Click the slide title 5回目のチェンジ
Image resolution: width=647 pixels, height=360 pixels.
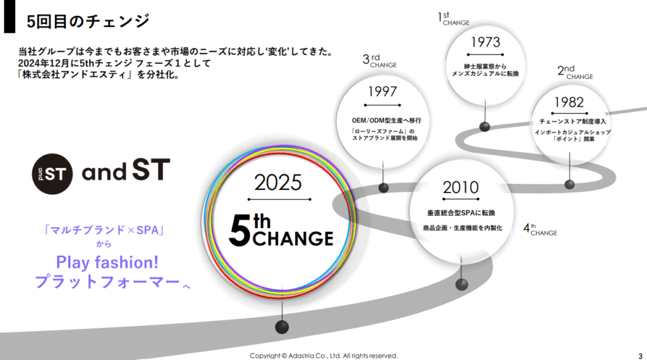click(87, 21)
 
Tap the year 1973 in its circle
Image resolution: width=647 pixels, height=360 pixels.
click(485, 42)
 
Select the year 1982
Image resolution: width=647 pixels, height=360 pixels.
click(569, 102)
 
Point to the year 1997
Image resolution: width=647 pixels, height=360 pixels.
click(382, 92)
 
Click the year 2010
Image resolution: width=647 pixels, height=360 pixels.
click(461, 188)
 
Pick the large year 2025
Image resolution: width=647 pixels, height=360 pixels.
click(278, 183)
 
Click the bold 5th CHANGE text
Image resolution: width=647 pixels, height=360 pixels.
click(281, 231)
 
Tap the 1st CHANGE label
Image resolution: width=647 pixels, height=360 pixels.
click(454, 19)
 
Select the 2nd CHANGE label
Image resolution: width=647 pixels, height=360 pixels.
click(575, 72)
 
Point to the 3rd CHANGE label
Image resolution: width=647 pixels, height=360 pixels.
click(380, 61)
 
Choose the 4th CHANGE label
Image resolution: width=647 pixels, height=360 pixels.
click(540, 230)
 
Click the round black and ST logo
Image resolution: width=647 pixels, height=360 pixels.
click(52, 174)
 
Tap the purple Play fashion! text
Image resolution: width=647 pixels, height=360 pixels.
click(107, 262)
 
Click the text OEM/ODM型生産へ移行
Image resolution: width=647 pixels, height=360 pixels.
click(387, 121)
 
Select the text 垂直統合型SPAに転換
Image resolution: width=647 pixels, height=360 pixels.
click(461, 213)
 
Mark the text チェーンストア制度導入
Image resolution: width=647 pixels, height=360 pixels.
click(572, 122)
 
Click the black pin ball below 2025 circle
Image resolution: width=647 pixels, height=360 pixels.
click(282, 327)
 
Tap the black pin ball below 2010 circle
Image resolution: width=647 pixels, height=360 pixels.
click(462, 284)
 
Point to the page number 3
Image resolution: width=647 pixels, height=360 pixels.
click(641, 356)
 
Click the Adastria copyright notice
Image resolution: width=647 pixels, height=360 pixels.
click(323, 356)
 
